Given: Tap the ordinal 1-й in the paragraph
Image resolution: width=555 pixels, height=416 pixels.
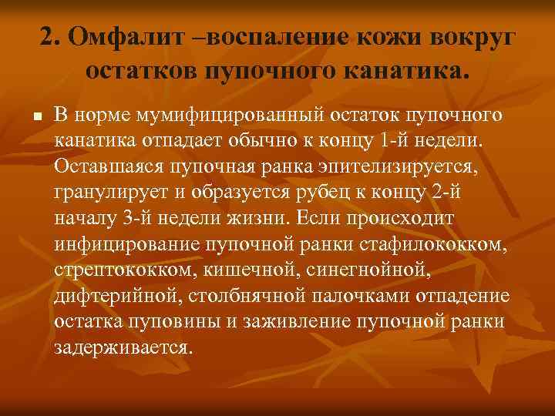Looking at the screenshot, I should pyautogui.click(x=399, y=142).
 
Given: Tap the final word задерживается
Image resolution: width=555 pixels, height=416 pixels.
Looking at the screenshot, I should pyautogui.click(x=121, y=347).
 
